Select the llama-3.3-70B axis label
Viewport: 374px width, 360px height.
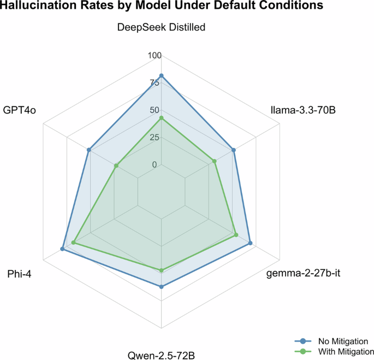(302, 110)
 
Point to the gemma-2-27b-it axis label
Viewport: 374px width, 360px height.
(303, 273)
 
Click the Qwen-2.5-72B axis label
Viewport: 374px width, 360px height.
(161, 356)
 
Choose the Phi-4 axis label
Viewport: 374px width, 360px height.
(19, 273)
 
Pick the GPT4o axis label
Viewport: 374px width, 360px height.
(20, 110)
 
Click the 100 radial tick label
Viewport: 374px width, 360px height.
(155, 56)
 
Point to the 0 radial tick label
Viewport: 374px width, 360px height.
(154, 164)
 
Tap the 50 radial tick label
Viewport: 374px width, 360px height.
(154, 110)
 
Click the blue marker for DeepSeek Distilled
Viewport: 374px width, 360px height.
(161, 75)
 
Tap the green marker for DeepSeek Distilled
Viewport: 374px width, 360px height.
(161, 118)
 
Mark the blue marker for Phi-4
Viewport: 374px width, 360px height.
(62, 249)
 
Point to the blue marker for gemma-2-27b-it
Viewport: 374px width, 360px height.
(250, 243)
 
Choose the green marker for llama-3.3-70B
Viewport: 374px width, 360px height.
(214, 161)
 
